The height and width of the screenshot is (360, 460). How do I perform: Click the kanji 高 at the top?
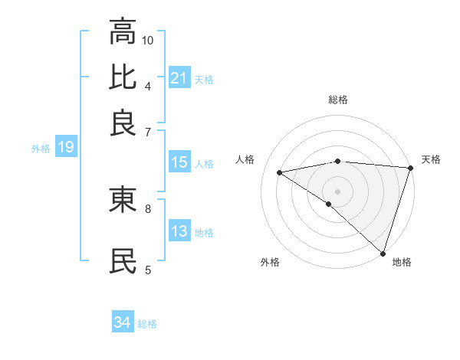coord(123,31)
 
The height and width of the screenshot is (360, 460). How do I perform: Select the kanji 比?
coord(123,77)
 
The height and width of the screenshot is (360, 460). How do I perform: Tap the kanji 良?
coord(123,123)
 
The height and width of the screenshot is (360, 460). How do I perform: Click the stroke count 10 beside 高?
coord(148,39)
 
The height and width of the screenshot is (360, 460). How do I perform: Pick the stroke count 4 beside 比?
coord(147,85)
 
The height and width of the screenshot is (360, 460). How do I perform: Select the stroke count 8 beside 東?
coord(147,207)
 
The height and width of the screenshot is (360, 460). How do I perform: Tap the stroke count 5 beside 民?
coord(147,269)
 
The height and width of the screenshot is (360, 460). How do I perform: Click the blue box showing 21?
coord(179,78)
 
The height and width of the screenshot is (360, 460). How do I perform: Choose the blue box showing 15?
coord(179,162)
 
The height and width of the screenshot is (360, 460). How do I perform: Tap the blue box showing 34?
coord(123,323)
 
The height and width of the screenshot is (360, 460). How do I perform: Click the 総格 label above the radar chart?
coord(338,100)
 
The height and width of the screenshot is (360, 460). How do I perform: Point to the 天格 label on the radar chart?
coord(431,159)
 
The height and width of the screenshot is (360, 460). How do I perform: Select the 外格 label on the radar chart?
coord(270,262)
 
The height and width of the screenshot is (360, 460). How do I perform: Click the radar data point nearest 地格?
coord(382,254)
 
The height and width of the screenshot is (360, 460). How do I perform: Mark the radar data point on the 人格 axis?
coord(280,172)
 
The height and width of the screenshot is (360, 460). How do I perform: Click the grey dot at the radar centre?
coord(337,191)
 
